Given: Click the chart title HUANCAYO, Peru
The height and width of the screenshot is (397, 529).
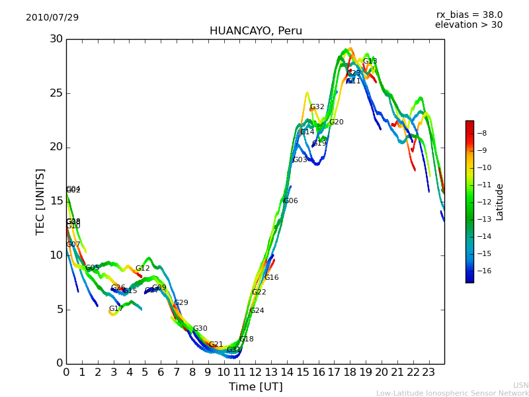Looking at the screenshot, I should tap(255, 31).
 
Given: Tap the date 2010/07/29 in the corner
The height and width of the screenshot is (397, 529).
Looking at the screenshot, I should tap(52, 17).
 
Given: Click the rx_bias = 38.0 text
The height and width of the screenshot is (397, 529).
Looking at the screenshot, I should tap(469, 15).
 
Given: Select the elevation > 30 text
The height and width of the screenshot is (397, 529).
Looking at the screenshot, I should tap(468, 25).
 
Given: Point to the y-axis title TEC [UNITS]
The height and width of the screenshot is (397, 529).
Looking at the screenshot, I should tap(41, 201).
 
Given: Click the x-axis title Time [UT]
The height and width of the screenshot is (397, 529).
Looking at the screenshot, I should tap(255, 386).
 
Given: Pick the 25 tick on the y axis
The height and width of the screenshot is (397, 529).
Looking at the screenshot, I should tap(56, 93).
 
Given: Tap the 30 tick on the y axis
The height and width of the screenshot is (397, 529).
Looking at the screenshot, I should tap(56, 39).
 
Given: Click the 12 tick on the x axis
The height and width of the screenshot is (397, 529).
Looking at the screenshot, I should tap(255, 372).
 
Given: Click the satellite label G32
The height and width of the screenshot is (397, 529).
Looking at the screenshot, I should tap(317, 107).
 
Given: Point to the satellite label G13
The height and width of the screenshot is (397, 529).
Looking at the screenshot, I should tap(370, 62).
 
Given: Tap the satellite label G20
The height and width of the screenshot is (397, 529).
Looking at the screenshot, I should tap(337, 122).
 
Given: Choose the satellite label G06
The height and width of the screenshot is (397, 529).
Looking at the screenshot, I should tap(290, 201).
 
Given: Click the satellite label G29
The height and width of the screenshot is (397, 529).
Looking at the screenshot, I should tap(181, 303).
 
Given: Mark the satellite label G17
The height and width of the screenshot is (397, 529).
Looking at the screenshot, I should tap(116, 309).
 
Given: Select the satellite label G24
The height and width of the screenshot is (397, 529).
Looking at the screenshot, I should tap(257, 311).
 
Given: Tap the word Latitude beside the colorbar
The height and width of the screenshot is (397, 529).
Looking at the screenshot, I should tap(500, 202).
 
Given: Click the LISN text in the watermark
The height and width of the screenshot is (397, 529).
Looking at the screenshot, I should tap(520, 385).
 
